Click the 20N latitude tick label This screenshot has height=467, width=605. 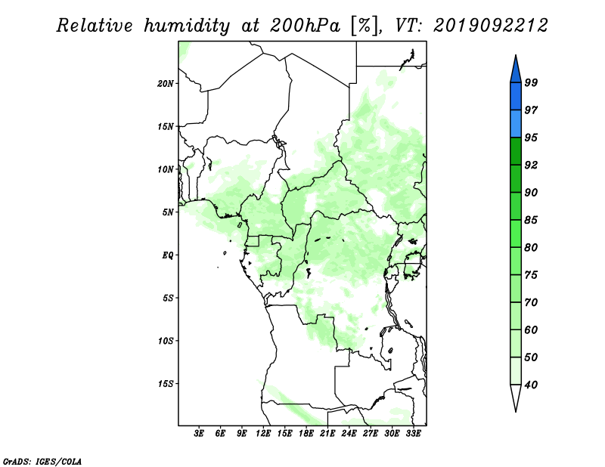click(165, 83)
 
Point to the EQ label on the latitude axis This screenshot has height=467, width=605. click(167, 255)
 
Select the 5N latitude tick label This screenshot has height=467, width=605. click(167, 212)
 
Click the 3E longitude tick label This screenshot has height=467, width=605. click(199, 433)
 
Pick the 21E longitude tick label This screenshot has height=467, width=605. click(327, 433)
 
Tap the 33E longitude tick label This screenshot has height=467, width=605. click(413, 433)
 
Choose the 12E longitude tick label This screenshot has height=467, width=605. click(263, 433)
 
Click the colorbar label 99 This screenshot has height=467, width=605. click(531, 82)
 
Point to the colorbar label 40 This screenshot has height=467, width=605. click(531, 385)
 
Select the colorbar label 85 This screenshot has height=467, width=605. click(531, 220)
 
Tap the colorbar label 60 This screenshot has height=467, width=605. click(531, 329)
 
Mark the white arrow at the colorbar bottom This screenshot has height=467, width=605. click(516, 397)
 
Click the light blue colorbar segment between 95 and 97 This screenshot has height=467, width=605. click(516, 124)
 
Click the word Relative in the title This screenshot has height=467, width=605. click(95, 26)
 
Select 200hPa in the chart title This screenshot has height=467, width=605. click(305, 26)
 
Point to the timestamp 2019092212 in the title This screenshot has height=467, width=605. click(490, 26)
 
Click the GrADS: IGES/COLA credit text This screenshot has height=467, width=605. click(42, 461)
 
